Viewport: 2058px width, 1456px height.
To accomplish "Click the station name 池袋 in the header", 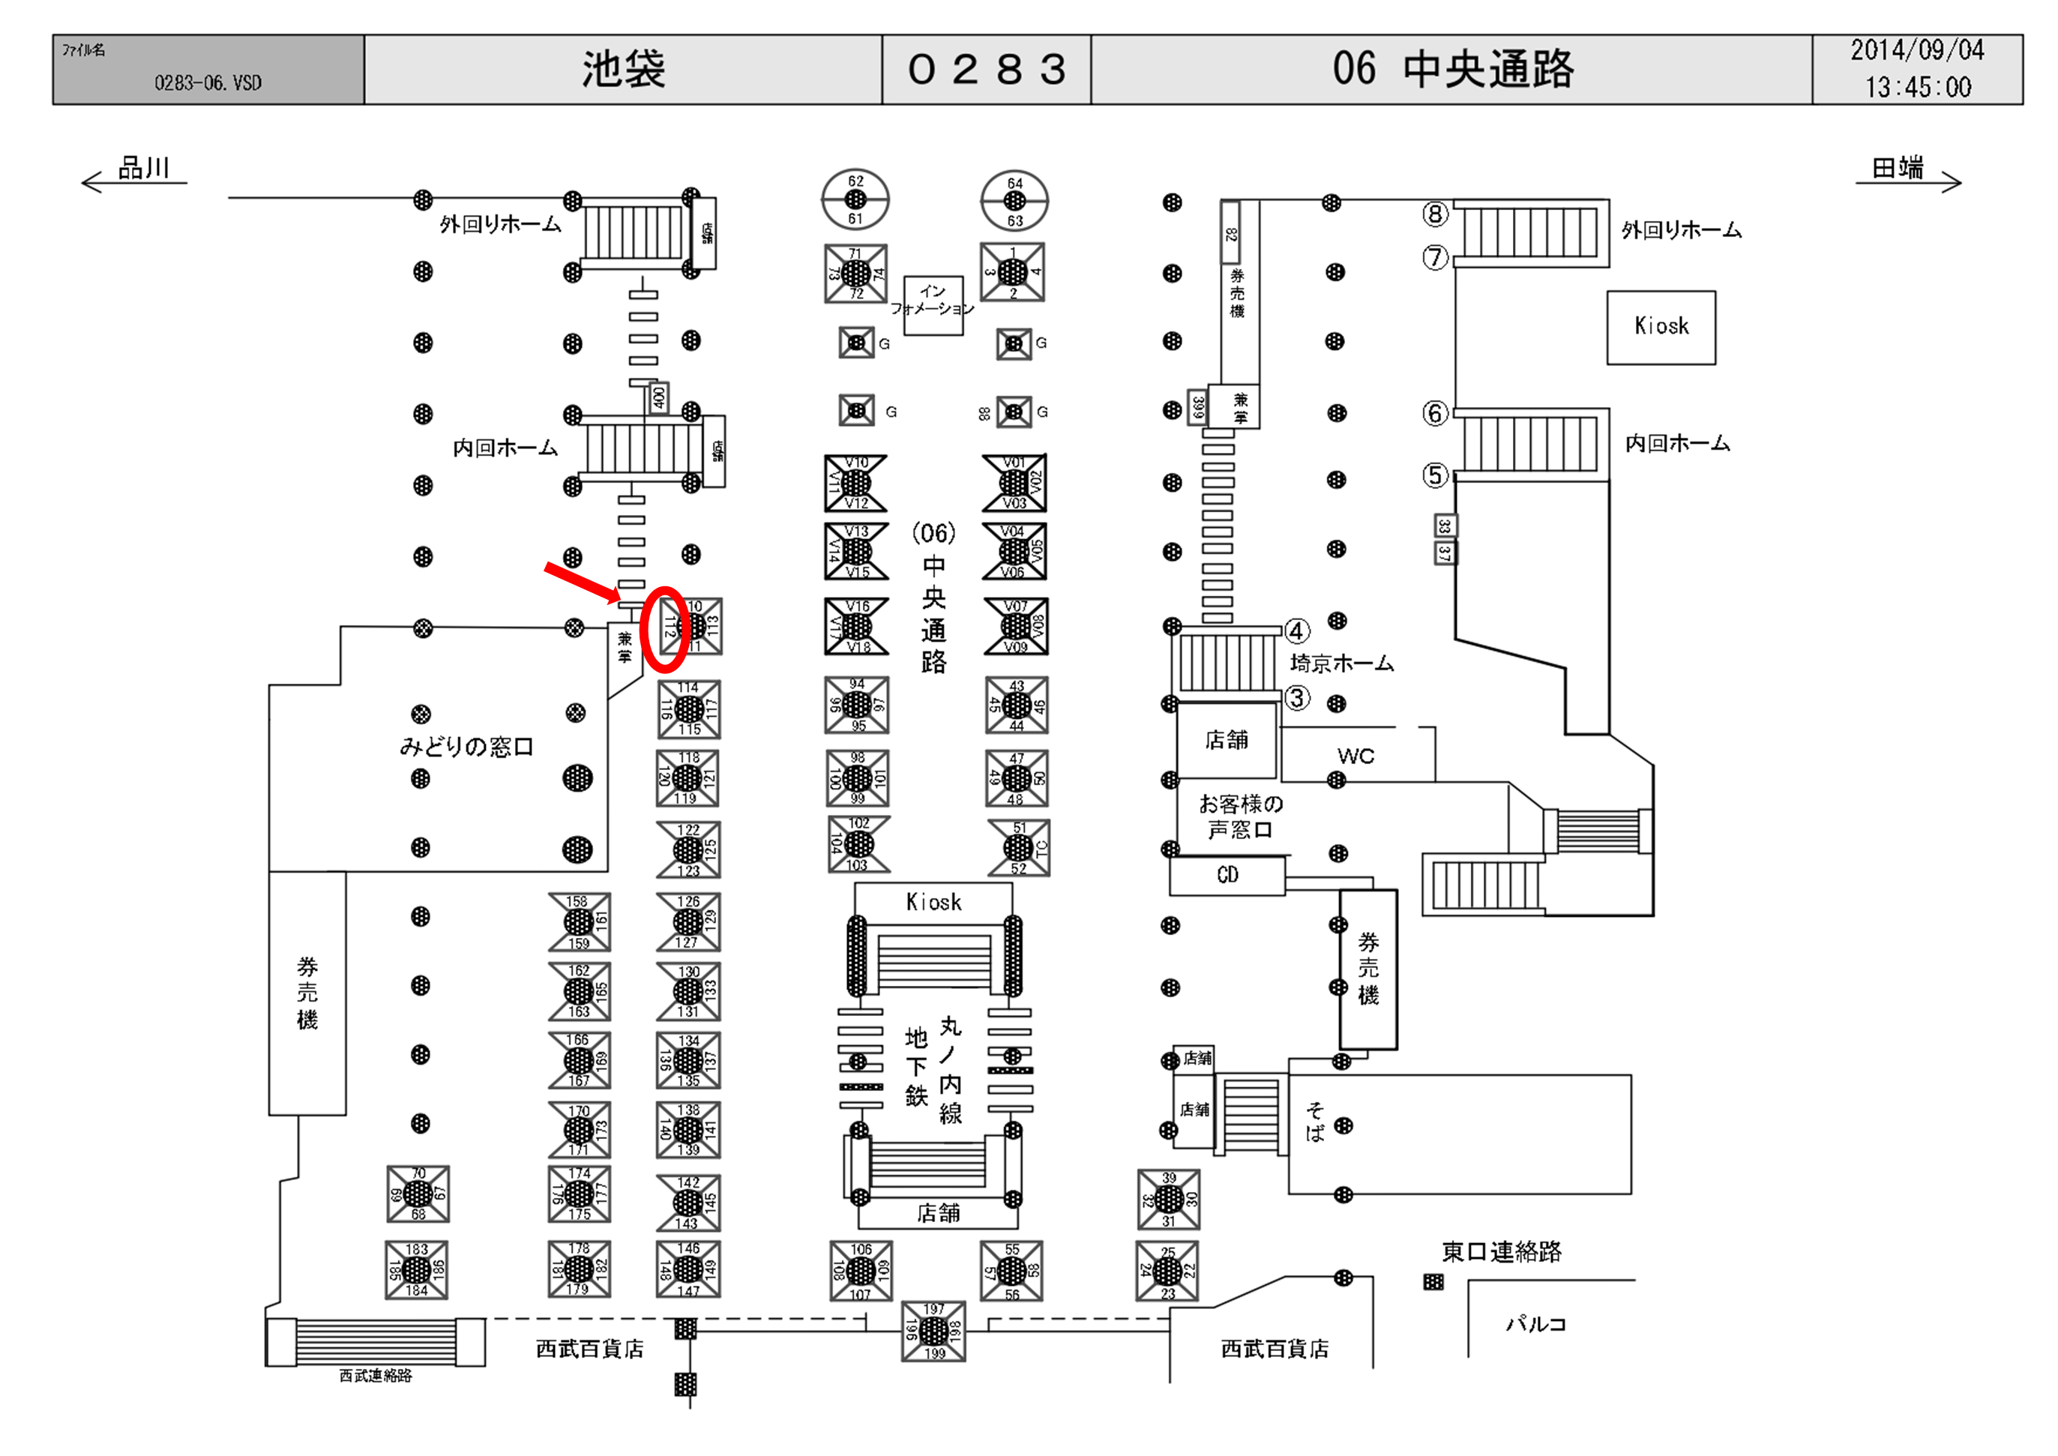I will click(x=623, y=69).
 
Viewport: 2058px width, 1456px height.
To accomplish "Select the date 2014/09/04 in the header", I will click(x=1916, y=50).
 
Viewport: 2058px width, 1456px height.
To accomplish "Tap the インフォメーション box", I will click(x=933, y=305).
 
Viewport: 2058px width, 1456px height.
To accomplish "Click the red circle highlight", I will click(x=665, y=628).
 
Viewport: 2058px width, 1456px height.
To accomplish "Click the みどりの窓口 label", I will click(x=466, y=746).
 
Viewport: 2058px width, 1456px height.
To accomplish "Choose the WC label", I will click(x=1356, y=756).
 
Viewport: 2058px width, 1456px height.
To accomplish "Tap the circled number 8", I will click(x=1435, y=214).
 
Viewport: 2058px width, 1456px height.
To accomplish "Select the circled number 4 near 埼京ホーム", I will click(x=1297, y=631).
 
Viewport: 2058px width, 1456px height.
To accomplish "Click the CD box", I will click(x=1227, y=875).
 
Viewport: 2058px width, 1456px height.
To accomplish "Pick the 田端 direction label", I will click(x=1898, y=169).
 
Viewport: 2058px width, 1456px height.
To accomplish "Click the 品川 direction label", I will click(x=143, y=169).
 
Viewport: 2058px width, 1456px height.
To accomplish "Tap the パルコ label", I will click(x=1535, y=1323).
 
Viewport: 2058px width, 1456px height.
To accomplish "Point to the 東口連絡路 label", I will click(x=1502, y=1251).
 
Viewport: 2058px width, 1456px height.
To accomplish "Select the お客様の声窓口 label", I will click(x=1241, y=816).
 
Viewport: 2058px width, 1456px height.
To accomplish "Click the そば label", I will click(x=1315, y=1122).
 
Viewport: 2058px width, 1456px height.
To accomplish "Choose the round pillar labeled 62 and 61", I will click(x=855, y=199).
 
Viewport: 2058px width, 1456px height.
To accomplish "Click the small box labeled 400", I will click(x=659, y=397).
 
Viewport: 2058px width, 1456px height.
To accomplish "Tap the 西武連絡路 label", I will click(x=376, y=1375).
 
